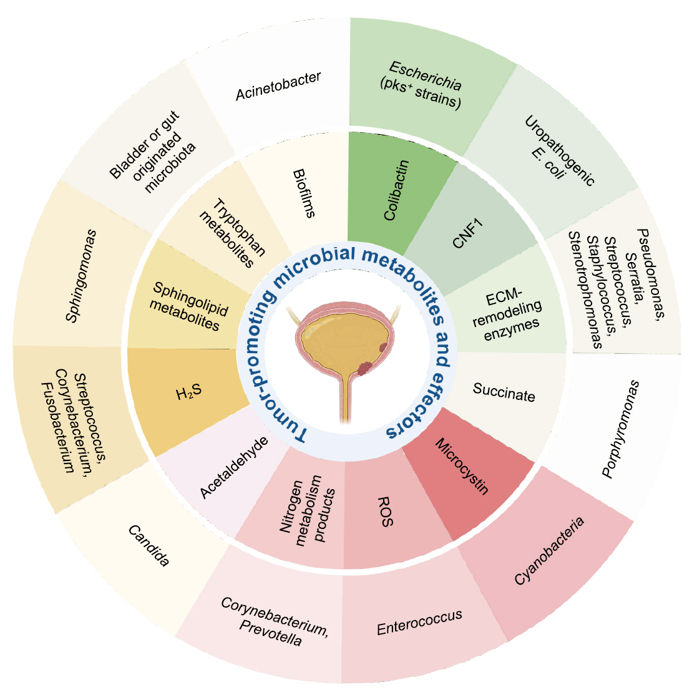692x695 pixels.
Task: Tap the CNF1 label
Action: [x=469, y=233]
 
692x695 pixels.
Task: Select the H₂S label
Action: [x=188, y=393]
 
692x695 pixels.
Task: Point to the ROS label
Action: [x=386, y=512]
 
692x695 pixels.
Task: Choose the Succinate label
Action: [x=504, y=393]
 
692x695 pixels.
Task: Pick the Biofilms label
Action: [x=304, y=193]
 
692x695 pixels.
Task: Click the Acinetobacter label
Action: [x=278, y=86]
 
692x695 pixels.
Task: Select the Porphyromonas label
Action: [x=621, y=429]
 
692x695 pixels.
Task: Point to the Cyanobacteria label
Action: [x=550, y=551]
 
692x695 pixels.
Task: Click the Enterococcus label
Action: [x=419, y=622]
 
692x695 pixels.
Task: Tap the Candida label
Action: [x=149, y=546]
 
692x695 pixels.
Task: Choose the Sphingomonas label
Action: [x=82, y=276]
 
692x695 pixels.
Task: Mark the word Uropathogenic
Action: [x=560, y=150]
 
